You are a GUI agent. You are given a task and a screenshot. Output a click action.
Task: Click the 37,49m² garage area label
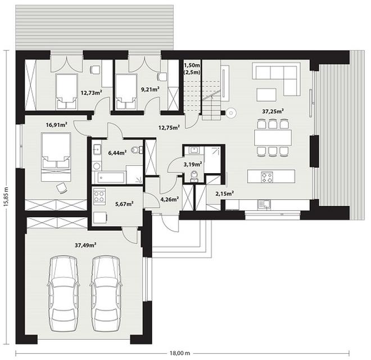pyautogui.click(x=85, y=245)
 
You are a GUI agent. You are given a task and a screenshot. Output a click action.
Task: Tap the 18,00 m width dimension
pyautogui.click(x=180, y=353)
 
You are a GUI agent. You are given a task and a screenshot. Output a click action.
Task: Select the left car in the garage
pyautogui.click(x=63, y=293)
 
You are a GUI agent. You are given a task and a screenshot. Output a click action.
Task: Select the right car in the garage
pyautogui.click(x=105, y=293)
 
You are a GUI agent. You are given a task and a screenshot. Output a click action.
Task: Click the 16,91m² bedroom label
pyautogui.click(x=57, y=124)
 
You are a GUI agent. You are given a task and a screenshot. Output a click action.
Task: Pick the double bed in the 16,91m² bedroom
pyautogui.click(x=56, y=157)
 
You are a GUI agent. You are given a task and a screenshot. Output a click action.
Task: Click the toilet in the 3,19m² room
pyautogui.click(x=194, y=175)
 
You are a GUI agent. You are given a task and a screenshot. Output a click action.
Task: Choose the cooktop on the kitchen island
pyautogui.click(x=266, y=177)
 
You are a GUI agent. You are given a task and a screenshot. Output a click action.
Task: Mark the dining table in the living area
pyautogui.click(x=273, y=137)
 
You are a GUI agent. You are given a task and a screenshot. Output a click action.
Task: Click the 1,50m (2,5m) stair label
pyautogui.click(x=192, y=69)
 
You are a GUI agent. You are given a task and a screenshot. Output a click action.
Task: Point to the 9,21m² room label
pyautogui.click(x=150, y=89)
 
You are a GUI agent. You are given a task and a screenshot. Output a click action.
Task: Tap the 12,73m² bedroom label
pyautogui.click(x=91, y=92)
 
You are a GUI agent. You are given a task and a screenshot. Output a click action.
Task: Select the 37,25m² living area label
pyautogui.click(x=273, y=111)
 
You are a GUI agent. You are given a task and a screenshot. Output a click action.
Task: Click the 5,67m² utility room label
pyautogui.click(x=124, y=204)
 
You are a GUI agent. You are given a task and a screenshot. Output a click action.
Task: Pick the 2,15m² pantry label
pyautogui.click(x=225, y=193)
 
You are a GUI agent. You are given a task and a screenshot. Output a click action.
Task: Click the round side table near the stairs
pyautogui.click(x=230, y=113)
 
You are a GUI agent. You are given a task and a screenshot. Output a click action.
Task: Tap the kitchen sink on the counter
pyautogui.click(x=263, y=204)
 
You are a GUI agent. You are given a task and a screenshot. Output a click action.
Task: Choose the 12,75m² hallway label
pyautogui.click(x=169, y=128)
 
